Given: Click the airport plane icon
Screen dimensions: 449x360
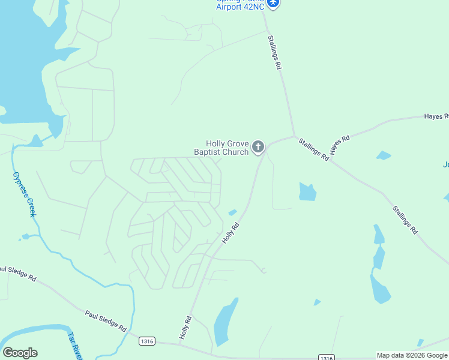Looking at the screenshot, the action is pos(274,3).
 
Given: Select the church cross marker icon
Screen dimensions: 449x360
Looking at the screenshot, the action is pos(258,146).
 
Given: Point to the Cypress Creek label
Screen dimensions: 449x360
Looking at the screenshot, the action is pos(24,194).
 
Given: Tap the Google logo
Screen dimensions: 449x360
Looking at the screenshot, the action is pos(20,353).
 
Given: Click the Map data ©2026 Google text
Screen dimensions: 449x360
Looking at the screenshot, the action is pos(412,355).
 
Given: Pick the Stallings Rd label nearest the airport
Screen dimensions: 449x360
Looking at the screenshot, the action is pos(275,52).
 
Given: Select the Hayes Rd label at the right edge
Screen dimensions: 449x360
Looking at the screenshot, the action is pos(436,116).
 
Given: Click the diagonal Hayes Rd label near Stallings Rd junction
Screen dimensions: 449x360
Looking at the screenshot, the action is pos(339,145).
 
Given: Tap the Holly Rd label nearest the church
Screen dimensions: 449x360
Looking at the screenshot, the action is pos(231,233).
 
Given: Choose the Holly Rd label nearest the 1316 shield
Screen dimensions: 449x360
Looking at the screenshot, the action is pos(185,326).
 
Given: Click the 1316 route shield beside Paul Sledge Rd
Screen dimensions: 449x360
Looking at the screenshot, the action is pos(147,341).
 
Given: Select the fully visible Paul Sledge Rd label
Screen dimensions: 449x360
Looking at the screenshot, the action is pos(105,322).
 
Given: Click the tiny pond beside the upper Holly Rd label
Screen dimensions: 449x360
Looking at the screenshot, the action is pos(232,212).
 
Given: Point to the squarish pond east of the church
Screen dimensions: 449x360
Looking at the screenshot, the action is pos(307,191).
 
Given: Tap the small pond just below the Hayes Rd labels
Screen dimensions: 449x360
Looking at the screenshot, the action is pos(384,155).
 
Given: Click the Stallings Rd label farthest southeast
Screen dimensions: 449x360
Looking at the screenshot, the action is pos(405,220).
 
